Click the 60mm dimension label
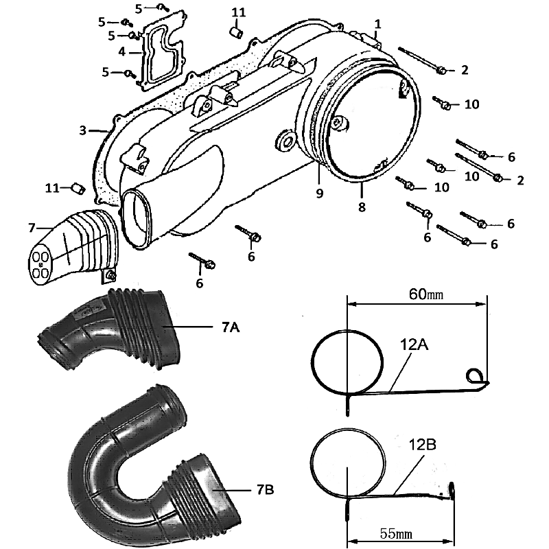[x=425, y=294]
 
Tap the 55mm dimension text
[x=396, y=534]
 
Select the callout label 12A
[x=414, y=344]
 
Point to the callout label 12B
[x=423, y=445]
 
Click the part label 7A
[x=231, y=327]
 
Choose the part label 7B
[x=265, y=489]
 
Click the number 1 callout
[x=377, y=24]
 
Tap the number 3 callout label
[x=82, y=130]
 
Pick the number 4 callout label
[x=121, y=52]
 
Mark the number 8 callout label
[x=362, y=207]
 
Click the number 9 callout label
[x=319, y=193]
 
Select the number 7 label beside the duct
[x=32, y=228]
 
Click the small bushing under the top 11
[x=236, y=33]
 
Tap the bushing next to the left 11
[x=78, y=188]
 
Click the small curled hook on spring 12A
[x=476, y=377]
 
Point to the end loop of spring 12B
[x=452, y=491]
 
